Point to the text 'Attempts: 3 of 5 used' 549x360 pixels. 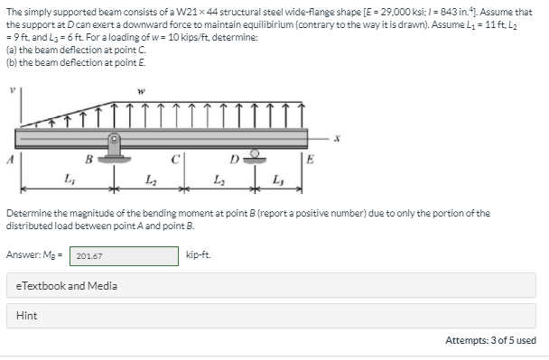pyautogui.click(x=490, y=340)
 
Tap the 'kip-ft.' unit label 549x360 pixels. pyautogui.click(x=198, y=256)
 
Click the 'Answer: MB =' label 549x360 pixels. pyautogui.click(x=36, y=256)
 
